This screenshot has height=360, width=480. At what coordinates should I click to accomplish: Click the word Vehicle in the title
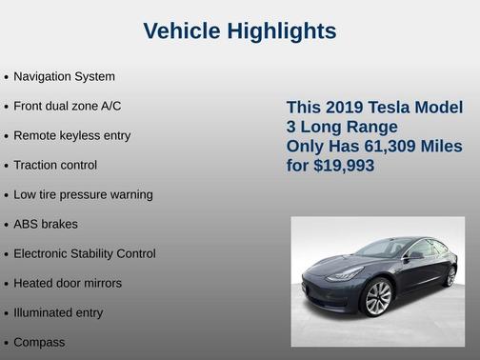coord(182,31)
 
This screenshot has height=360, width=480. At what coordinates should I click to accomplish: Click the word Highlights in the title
coord(281,31)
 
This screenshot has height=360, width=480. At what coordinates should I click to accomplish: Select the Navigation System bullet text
coord(64,76)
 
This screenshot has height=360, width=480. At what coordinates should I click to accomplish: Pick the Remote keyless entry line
coord(72,135)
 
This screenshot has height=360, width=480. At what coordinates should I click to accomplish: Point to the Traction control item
coord(55,165)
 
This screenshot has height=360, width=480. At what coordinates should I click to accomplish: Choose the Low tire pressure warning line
coord(83,194)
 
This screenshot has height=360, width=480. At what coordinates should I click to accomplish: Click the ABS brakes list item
coord(46,224)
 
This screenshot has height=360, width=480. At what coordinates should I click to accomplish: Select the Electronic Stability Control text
coord(85,253)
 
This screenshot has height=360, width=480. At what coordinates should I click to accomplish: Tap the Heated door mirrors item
coord(68,283)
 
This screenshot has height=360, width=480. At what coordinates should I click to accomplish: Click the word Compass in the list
coord(39,342)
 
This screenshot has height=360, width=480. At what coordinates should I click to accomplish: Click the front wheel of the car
coord(377,298)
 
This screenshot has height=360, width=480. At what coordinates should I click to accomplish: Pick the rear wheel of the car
coord(450,276)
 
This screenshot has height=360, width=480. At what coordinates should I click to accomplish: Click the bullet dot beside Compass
coord(7,343)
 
